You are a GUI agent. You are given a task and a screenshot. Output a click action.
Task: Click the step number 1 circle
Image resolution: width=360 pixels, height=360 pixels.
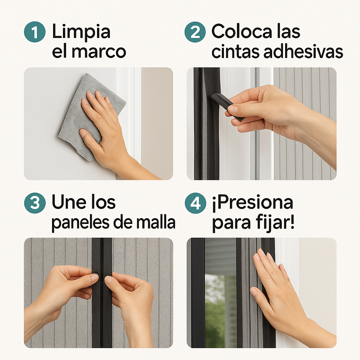34,32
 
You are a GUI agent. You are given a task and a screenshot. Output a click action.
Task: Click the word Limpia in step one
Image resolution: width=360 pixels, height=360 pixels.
81,32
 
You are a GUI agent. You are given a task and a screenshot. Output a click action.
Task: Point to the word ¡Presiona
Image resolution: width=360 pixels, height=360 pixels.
252,203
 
